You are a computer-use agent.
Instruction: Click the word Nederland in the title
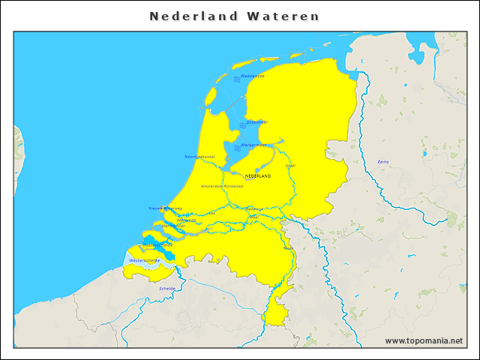193,16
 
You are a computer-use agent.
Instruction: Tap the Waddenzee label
253,76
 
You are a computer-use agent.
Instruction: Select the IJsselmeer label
257,122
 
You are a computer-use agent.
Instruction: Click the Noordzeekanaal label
199,157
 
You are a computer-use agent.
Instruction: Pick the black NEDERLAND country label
258,176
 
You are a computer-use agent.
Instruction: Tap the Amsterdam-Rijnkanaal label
222,186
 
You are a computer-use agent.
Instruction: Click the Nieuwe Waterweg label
165,208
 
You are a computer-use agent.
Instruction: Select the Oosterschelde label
157,244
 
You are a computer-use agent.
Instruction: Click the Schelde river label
167,288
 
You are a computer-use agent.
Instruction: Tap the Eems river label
383,162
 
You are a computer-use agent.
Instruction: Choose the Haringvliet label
174,226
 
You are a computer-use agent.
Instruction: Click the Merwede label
187,220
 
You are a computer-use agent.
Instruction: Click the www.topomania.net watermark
424,340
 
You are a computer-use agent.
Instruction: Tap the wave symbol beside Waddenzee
235,77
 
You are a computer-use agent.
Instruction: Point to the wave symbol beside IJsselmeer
242,124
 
